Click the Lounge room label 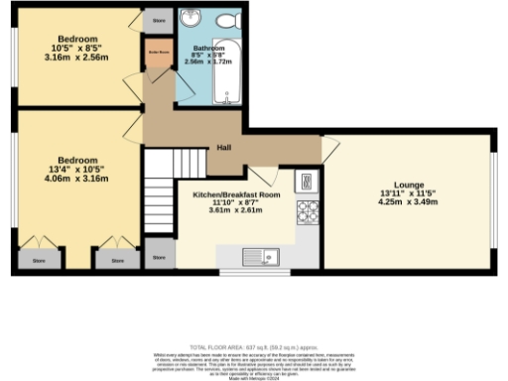409,185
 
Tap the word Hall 226,150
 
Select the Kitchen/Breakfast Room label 236,195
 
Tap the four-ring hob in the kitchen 308,212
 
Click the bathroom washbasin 190,21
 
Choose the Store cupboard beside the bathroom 157,19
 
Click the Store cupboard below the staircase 160,257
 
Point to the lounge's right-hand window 493,202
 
